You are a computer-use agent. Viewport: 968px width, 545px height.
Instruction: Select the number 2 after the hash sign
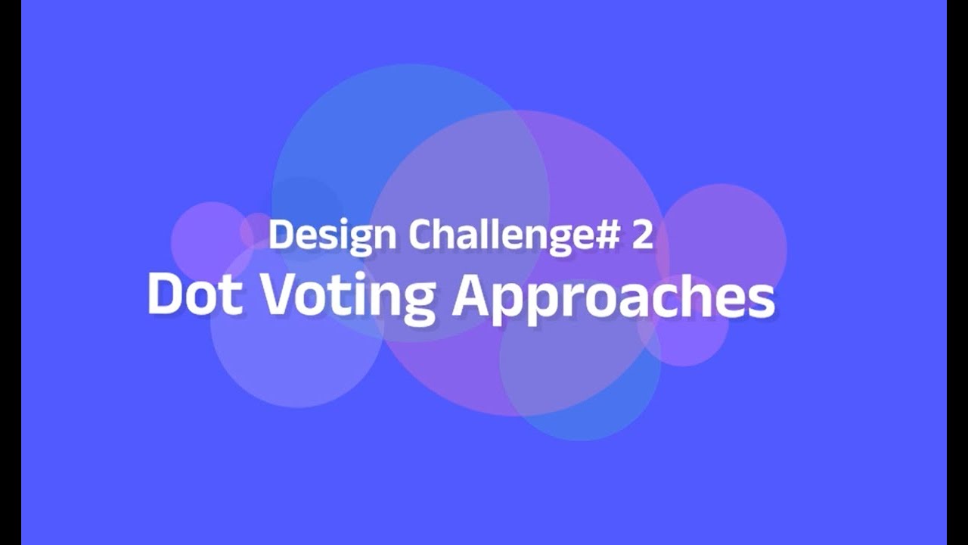click(641, 235)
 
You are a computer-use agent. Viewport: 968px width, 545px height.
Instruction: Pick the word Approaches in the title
click(613, 296)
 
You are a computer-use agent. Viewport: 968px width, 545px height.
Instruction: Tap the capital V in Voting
click(281, 294)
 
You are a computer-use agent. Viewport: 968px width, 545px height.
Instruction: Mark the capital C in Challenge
click(420, 235)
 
